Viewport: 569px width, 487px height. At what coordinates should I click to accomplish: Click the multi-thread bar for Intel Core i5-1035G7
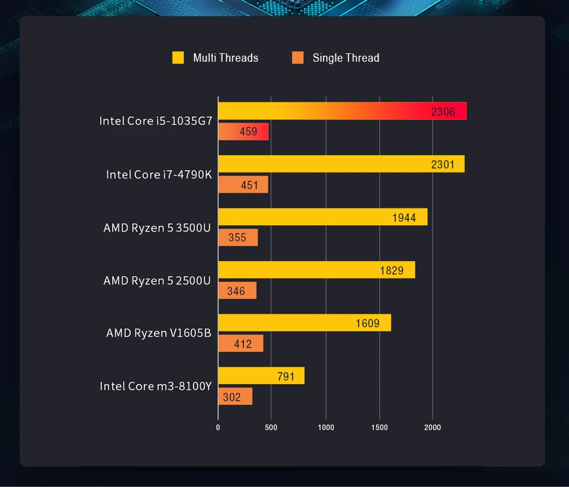click(x=342, y=111)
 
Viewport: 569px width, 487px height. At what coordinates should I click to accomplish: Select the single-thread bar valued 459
click(x=243, y=132)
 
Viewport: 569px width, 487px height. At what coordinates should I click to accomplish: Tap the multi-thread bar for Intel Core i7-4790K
click(x=341, y=164)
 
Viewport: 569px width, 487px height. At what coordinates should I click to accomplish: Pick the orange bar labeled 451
click(x=243, y=185)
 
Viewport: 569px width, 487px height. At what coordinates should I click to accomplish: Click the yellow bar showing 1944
click(x=322, y=217)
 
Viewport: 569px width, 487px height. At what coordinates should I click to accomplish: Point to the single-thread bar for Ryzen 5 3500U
click(x=238, y=238)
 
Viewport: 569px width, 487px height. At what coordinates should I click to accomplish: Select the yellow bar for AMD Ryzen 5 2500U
click(x=316, y=270)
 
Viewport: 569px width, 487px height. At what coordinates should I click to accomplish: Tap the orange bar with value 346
click(x=237, y=291)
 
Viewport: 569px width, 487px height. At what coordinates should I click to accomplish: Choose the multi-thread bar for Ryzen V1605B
click(x=304, y=323)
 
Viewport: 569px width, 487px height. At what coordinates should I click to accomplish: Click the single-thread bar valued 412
click(x=240, y=344)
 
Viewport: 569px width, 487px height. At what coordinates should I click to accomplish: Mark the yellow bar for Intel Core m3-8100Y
click(x=261, y=376)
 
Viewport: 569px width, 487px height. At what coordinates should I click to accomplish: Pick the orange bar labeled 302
click(x=235, y=397)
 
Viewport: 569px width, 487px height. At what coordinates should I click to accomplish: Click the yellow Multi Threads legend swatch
click(x=178, y=58)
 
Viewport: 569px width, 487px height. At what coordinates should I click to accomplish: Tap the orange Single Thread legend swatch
click(x=298, y=58)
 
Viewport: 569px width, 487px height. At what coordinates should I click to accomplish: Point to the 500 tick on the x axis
click(x=271, y=427)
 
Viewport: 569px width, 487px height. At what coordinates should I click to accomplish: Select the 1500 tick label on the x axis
click(x=379, y=427)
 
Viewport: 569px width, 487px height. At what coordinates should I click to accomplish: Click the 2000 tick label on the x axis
click(x=432, y=427)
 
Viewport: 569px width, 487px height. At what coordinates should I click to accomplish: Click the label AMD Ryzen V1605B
click(x=159, y=333)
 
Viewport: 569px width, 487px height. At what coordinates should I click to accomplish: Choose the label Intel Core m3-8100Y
click(x=156, y=386)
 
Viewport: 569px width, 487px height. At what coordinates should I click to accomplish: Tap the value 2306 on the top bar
click(x=443, y=111)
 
